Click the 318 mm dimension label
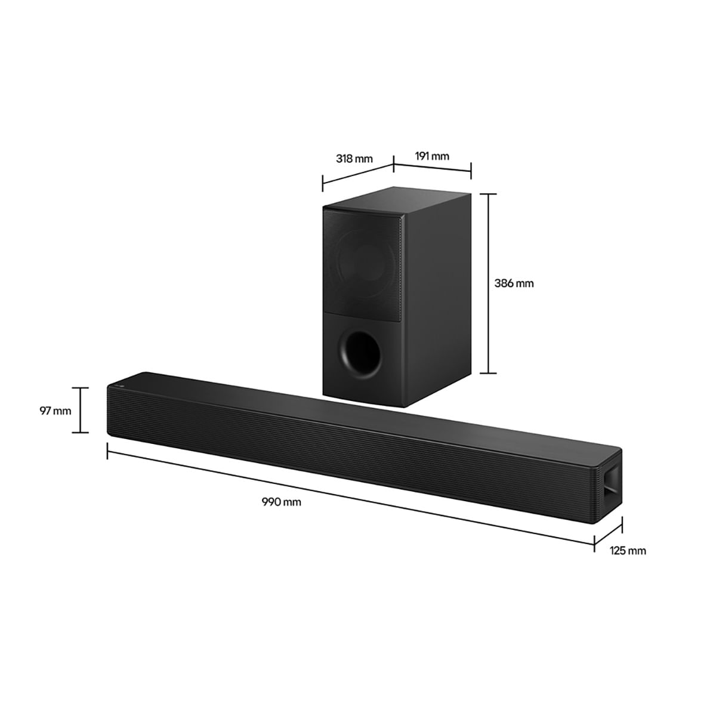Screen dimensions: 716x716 354,159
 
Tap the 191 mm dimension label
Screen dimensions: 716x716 432,156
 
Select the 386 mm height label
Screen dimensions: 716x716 514,283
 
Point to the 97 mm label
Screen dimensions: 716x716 55,411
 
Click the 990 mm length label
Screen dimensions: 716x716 281,502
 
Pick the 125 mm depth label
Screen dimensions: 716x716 628,550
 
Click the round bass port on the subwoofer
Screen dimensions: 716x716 359,353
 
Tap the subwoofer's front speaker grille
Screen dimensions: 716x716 362,264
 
